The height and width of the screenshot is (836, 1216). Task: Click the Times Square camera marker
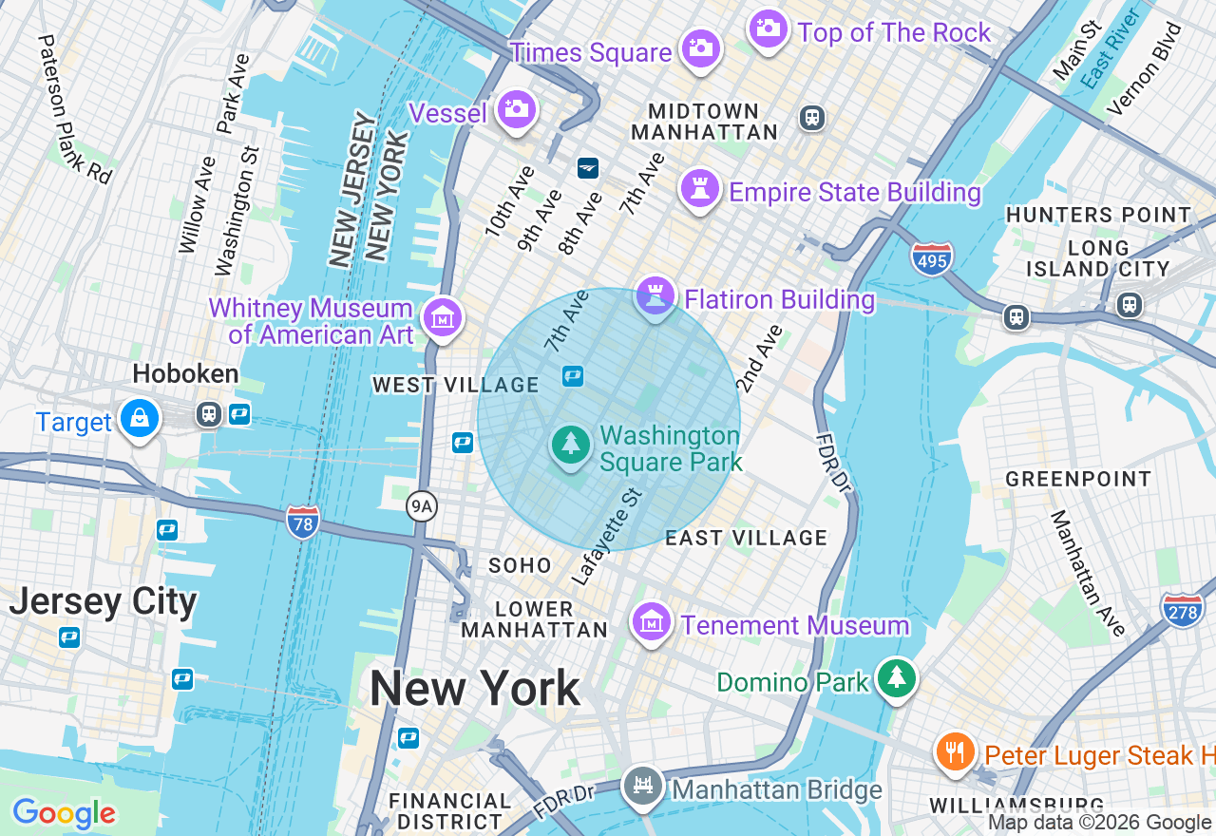701,47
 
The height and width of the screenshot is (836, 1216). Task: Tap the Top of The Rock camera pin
769,28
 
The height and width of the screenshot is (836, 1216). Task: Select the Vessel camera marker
517,109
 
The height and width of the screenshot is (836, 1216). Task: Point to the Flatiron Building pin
655,295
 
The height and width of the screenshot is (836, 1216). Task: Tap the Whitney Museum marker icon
443,317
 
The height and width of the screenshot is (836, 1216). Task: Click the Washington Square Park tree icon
571,444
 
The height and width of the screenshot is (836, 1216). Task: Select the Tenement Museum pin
652,621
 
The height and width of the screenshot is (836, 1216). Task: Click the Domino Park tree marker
896,678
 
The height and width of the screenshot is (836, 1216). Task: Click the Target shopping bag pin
140,418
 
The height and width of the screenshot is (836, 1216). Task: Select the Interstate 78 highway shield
303,522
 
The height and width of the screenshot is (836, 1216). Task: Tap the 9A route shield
421,506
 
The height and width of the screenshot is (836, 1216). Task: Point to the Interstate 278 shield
1182,610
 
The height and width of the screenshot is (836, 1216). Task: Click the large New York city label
474,688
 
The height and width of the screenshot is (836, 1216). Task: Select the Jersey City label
103,601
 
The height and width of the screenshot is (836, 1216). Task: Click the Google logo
64,813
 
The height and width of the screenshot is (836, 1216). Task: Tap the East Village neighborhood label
746,538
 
